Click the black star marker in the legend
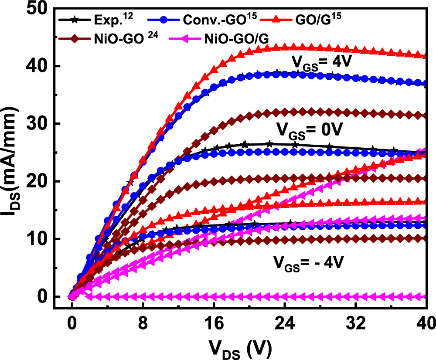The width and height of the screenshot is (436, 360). [x=75, y=20]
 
